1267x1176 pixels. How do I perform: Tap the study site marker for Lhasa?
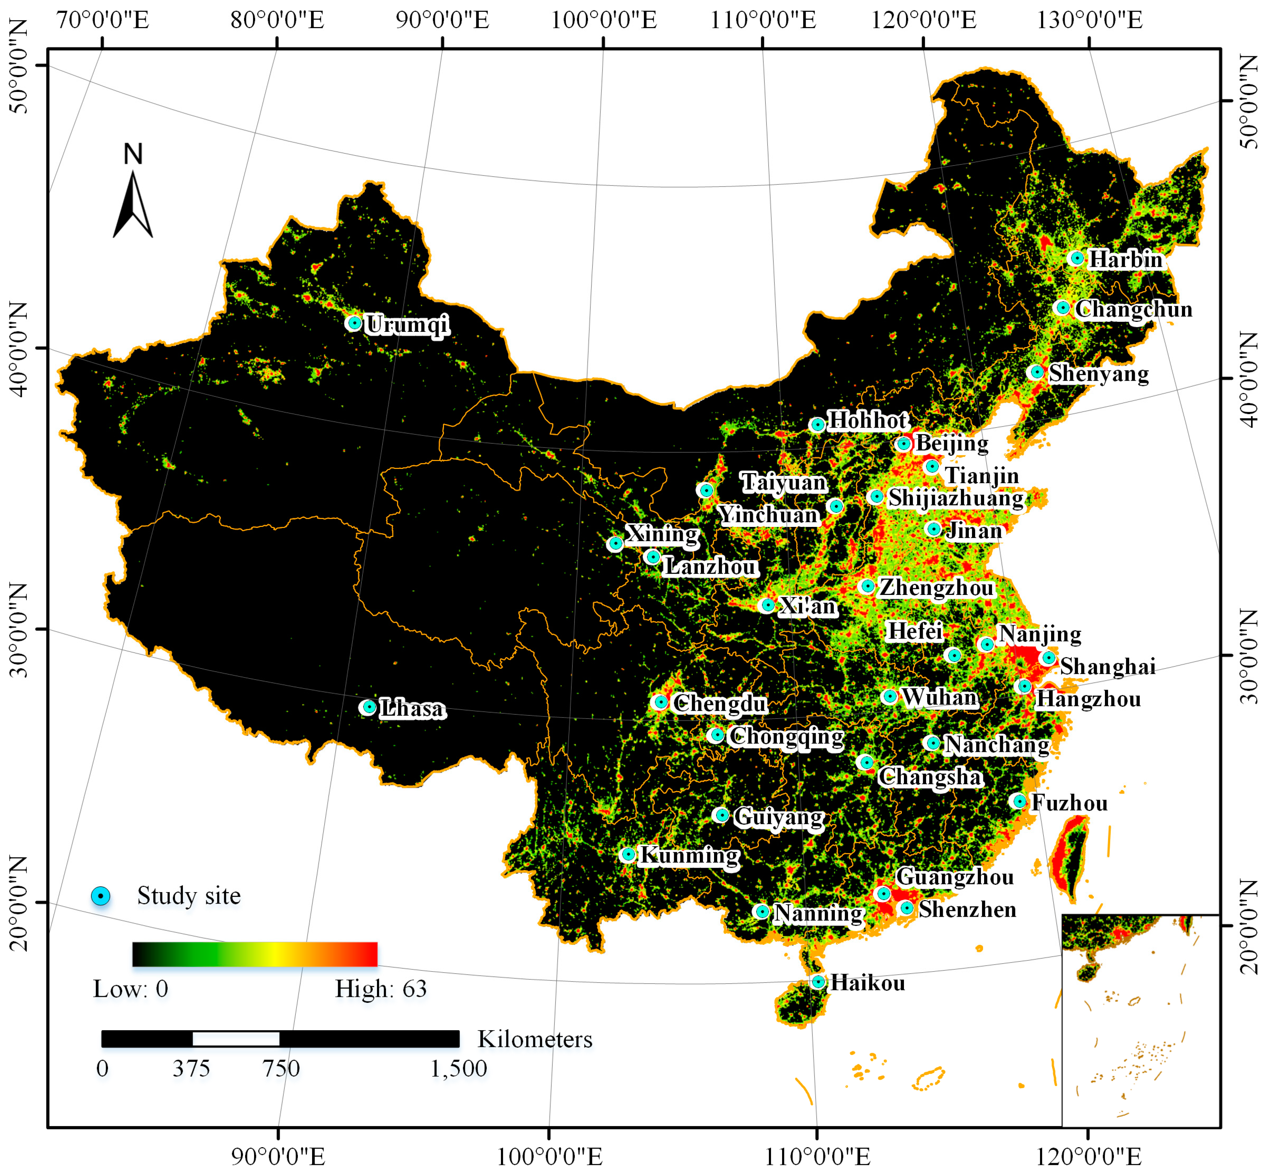click(368, 707)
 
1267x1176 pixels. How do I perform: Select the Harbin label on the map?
click(1125, 259)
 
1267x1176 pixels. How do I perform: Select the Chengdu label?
click(720, 703)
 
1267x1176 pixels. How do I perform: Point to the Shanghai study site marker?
click(1048, 657)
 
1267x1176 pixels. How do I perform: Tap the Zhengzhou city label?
click(936, 587)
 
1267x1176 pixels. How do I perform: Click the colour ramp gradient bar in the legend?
click(254, 954)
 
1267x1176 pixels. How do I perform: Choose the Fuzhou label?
click(1069, 803)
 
